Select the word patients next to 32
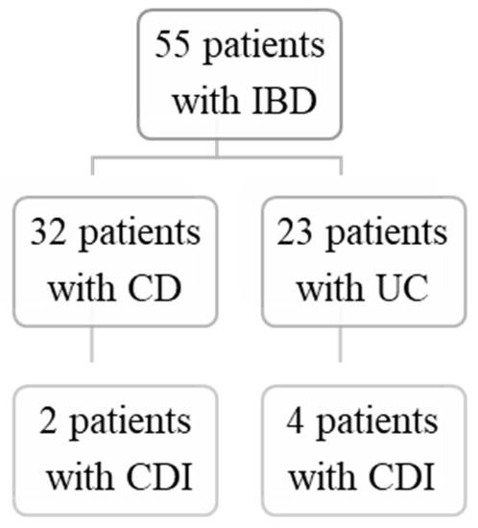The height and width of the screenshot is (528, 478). click(x=142, y=233)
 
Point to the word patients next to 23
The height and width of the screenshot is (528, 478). click(x=388, y=233)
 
